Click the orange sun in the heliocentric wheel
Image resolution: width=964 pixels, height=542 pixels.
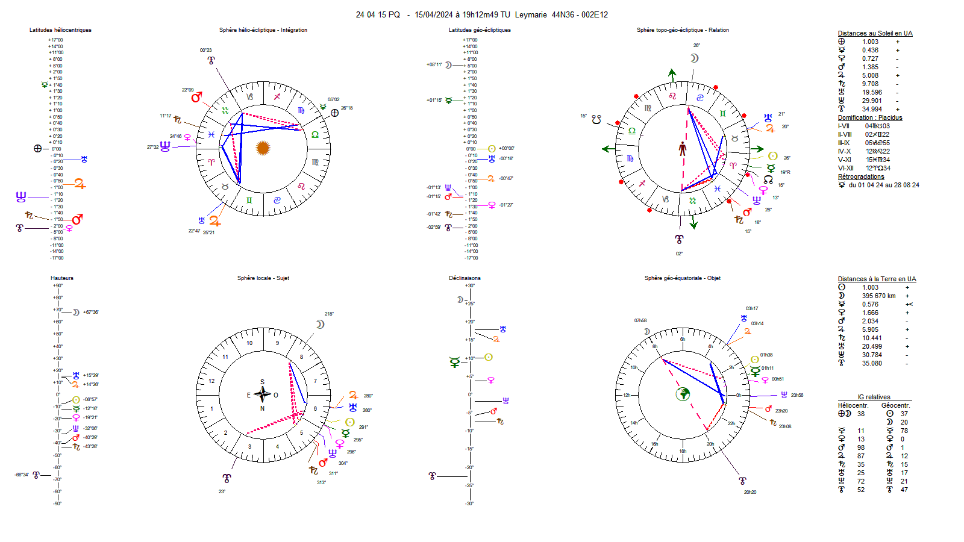point(263,148)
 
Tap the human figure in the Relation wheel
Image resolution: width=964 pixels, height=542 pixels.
point(683,149)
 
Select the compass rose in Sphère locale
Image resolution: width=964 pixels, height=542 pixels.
point(262,394)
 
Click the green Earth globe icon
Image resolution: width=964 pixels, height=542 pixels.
point(683,394)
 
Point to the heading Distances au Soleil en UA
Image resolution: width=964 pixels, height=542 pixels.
point(875,34)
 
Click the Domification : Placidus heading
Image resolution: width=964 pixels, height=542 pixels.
point(870,118)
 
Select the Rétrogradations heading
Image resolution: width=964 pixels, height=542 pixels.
point(861,177)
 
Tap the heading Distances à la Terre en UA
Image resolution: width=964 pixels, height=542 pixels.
point(877,279)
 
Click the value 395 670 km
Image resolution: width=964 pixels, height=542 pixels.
point(878,296)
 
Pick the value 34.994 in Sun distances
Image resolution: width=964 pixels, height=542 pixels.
point(871,110)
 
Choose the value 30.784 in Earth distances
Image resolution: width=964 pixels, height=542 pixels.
point(871,355)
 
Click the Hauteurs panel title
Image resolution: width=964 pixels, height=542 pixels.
point(62,278)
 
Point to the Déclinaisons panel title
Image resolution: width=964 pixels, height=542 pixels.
point(465,278)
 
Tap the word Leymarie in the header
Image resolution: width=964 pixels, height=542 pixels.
point(531,15)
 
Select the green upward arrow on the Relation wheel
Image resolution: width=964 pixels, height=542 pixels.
point(672,75)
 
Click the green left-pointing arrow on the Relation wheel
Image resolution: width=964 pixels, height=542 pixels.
point(607,149)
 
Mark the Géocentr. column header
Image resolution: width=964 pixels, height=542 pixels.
point(895,406)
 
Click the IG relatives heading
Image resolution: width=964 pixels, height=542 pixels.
point(874,397)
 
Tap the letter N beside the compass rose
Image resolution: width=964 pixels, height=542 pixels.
point(262,408)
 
